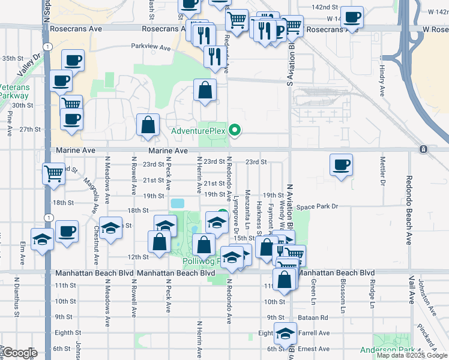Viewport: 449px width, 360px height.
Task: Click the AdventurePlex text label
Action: pyautogui.click(x=198, y=131)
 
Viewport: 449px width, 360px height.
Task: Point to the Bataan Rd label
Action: pyautogui.click(x=315, y=317)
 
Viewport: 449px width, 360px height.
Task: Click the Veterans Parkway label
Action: pyautogui.click(x=13, y=91)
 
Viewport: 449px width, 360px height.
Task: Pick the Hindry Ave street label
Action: pyautogui.click(x=382, y=81)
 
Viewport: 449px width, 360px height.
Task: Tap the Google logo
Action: pyautogui.click(x=19, y=353)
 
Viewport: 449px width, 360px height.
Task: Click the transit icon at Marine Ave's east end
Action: pyautogui.click(x=424, y=149)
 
